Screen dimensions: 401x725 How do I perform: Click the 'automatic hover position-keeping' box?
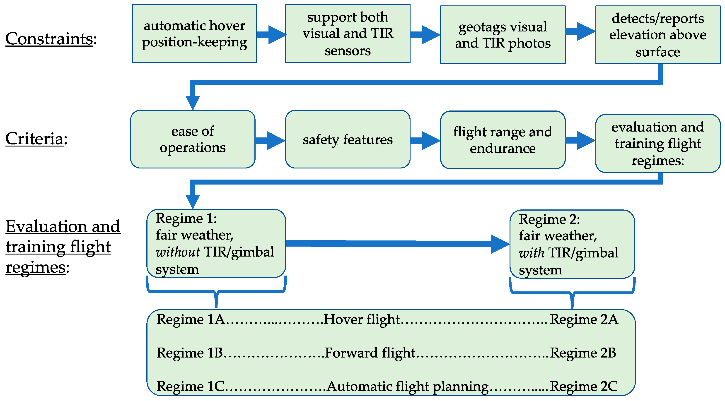[194, 34]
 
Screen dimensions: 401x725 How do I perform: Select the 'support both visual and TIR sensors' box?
[348, 34]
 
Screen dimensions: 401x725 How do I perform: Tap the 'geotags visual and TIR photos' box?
[503, 35]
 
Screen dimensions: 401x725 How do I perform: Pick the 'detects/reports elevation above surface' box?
[658, 35]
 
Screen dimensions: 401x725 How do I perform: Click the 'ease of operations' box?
[193, 139]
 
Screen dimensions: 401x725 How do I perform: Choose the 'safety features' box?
[348, 139]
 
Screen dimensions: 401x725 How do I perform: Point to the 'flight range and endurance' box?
[503, 140]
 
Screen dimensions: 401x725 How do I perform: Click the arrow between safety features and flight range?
[425, 140]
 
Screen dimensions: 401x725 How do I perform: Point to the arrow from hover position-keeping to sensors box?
[271, 35]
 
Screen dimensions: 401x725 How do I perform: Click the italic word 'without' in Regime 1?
[178, 252]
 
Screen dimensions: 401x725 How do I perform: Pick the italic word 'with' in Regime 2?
[531, 253]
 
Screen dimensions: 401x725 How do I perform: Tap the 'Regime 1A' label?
[191, 319]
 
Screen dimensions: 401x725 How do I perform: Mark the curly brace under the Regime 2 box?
[572, 294]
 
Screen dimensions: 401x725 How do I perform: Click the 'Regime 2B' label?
[583, 353]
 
